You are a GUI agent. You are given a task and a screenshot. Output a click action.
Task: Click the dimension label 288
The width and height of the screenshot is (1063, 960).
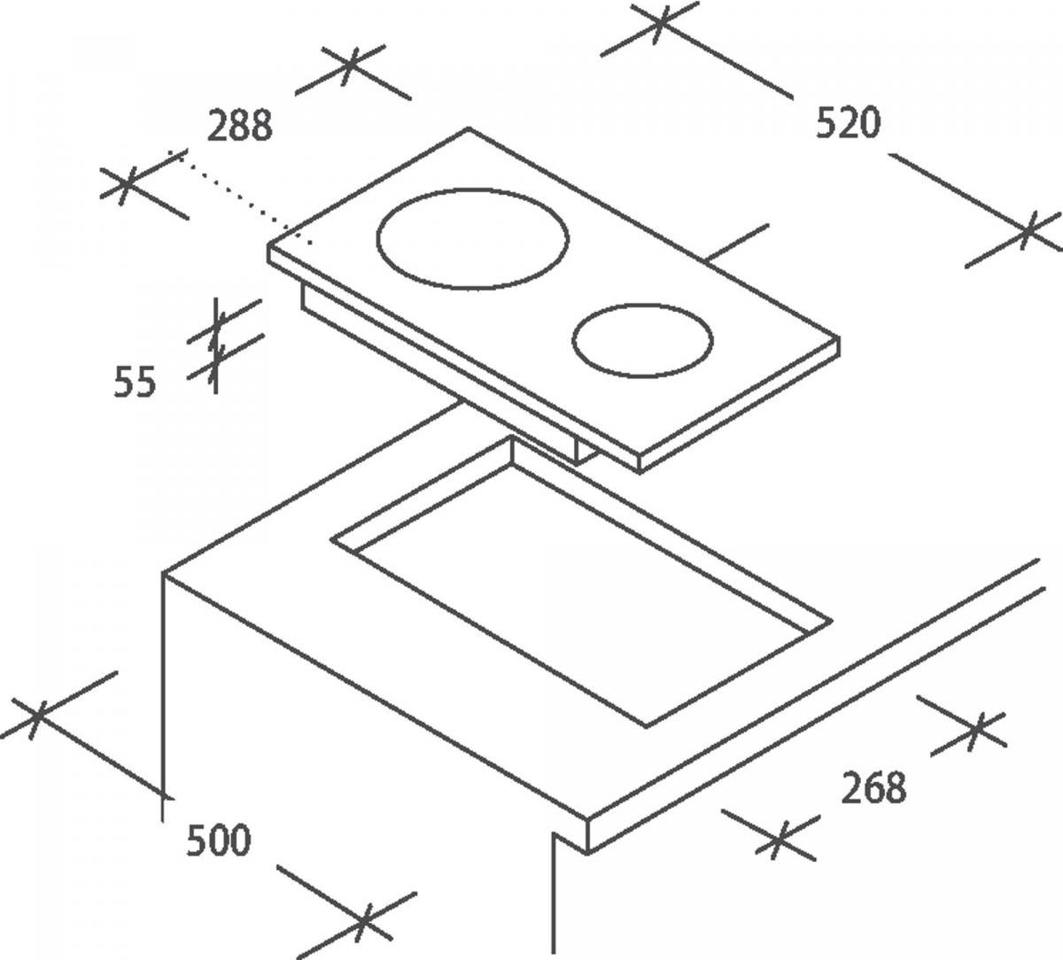239,126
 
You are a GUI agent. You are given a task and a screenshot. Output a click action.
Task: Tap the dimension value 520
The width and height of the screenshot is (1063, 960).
848,123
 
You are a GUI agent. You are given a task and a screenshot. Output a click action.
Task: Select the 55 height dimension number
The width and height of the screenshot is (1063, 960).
136,382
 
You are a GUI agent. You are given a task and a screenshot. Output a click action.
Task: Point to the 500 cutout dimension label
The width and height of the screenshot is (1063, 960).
218,840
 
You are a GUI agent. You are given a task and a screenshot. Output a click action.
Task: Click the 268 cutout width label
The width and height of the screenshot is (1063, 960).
873,787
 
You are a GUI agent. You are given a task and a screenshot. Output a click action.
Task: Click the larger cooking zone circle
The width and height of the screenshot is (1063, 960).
473,188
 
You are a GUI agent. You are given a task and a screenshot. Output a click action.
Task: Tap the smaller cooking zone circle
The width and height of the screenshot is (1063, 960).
642,304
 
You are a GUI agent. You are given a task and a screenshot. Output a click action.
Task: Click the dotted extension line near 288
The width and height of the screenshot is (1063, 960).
241,198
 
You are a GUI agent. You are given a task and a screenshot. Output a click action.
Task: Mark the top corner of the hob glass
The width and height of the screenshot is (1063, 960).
468,128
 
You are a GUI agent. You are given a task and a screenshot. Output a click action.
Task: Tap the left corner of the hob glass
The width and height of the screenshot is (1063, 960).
268,244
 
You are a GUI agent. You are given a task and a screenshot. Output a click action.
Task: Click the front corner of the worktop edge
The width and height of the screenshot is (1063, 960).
587,819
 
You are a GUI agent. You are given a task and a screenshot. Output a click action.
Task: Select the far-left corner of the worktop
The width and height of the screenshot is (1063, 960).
163,572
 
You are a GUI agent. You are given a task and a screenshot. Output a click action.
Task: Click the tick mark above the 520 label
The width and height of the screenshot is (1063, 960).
659,22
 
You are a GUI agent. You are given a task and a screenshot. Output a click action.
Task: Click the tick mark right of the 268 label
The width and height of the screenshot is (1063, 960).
975,731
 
